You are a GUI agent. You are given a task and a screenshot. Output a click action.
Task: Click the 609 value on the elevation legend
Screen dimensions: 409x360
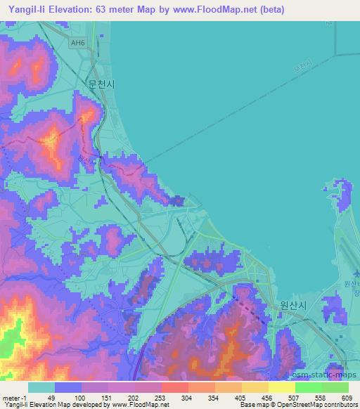344,398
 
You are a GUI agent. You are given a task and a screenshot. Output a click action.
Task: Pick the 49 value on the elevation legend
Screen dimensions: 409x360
50,398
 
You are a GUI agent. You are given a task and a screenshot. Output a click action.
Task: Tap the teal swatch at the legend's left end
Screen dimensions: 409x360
41,387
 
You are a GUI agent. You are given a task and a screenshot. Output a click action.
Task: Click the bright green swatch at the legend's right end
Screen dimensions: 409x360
335,387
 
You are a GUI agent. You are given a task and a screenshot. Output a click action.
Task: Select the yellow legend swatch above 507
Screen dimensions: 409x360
282,387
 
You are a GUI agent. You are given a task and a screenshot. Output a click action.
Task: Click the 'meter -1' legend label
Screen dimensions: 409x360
15,398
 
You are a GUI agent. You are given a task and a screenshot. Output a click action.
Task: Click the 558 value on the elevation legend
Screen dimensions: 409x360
317,398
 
